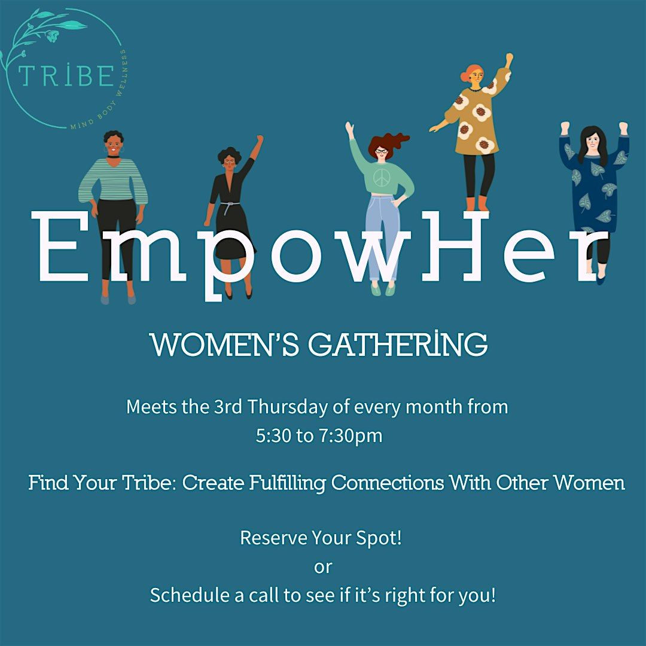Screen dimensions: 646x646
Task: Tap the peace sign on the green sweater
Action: click(380, 177)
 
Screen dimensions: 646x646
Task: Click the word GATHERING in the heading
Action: click(397, 346)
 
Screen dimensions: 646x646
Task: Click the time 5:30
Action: click(273, 435)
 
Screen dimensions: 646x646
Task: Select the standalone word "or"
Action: click(322, 566)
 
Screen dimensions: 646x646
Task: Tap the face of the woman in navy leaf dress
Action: click(592, 142)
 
